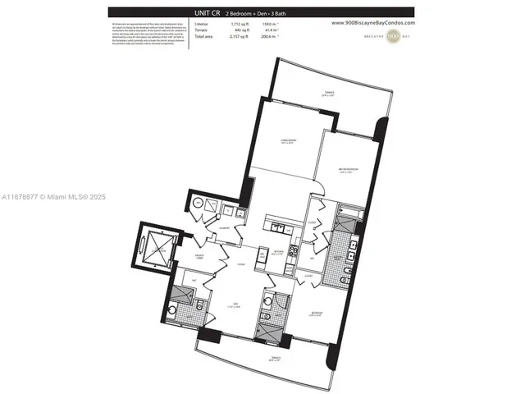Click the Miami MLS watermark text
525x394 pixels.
tap(53, 197)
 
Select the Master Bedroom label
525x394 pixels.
tap(350, 172)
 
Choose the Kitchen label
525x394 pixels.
tap(278, 253)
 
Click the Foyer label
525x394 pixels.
tap(240, 264)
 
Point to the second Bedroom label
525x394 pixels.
tap(317, 313)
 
